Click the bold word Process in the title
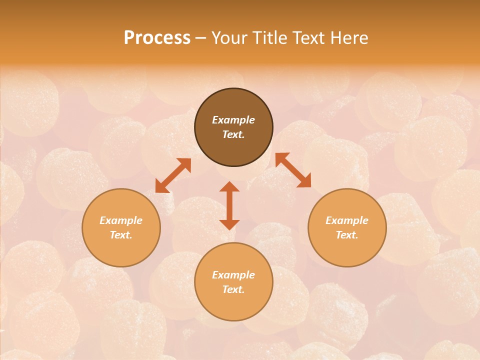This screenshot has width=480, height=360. [x=157, y=37]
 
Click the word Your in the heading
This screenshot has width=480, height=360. [x=229, y=37]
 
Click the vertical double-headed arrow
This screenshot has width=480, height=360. [x=229, y=205]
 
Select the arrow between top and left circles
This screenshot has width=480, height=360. [x=173, y=175]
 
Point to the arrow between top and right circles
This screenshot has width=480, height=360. [x=293, y=170]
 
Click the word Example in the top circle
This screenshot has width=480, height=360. [x=233, y=120]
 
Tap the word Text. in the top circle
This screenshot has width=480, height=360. [x=233, y=134]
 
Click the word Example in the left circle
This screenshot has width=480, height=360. [x=121, y=220]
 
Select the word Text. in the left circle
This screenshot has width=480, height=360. [x=121, y=235]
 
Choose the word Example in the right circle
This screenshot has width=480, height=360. [x=347, y=220]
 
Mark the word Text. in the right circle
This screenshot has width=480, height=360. [x=347, y=235]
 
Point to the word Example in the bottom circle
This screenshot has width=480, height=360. [x=233, y=275]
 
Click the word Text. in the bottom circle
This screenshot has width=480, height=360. [x=233, y=289]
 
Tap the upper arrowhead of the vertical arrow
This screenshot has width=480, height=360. [x=229, y=186]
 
